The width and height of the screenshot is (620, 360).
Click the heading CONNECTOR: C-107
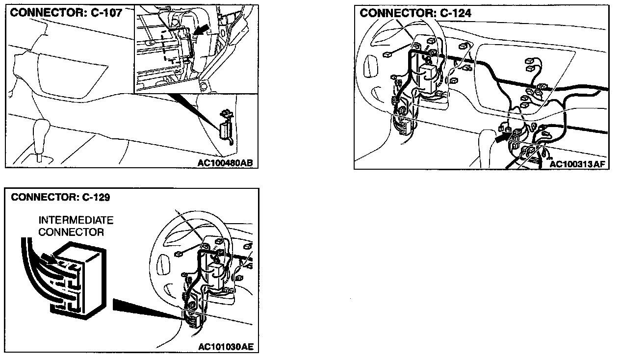pyautogui.click(x=66, y=13)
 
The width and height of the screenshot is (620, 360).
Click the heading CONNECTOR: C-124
pyautogui.click(x=415, y=13)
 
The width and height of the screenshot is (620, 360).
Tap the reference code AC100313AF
pyautogui.click(x=578, y=164)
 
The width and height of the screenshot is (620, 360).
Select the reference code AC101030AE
pyautogui.click(x=226, y=347)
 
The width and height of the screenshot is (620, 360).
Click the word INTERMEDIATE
pyautogui.click(x=76, y=220)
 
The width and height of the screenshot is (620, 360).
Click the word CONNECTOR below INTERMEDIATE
pyautogui.click(x=71, y=232)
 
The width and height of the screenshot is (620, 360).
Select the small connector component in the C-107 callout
pyautogui.click(x=226, y=129)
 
